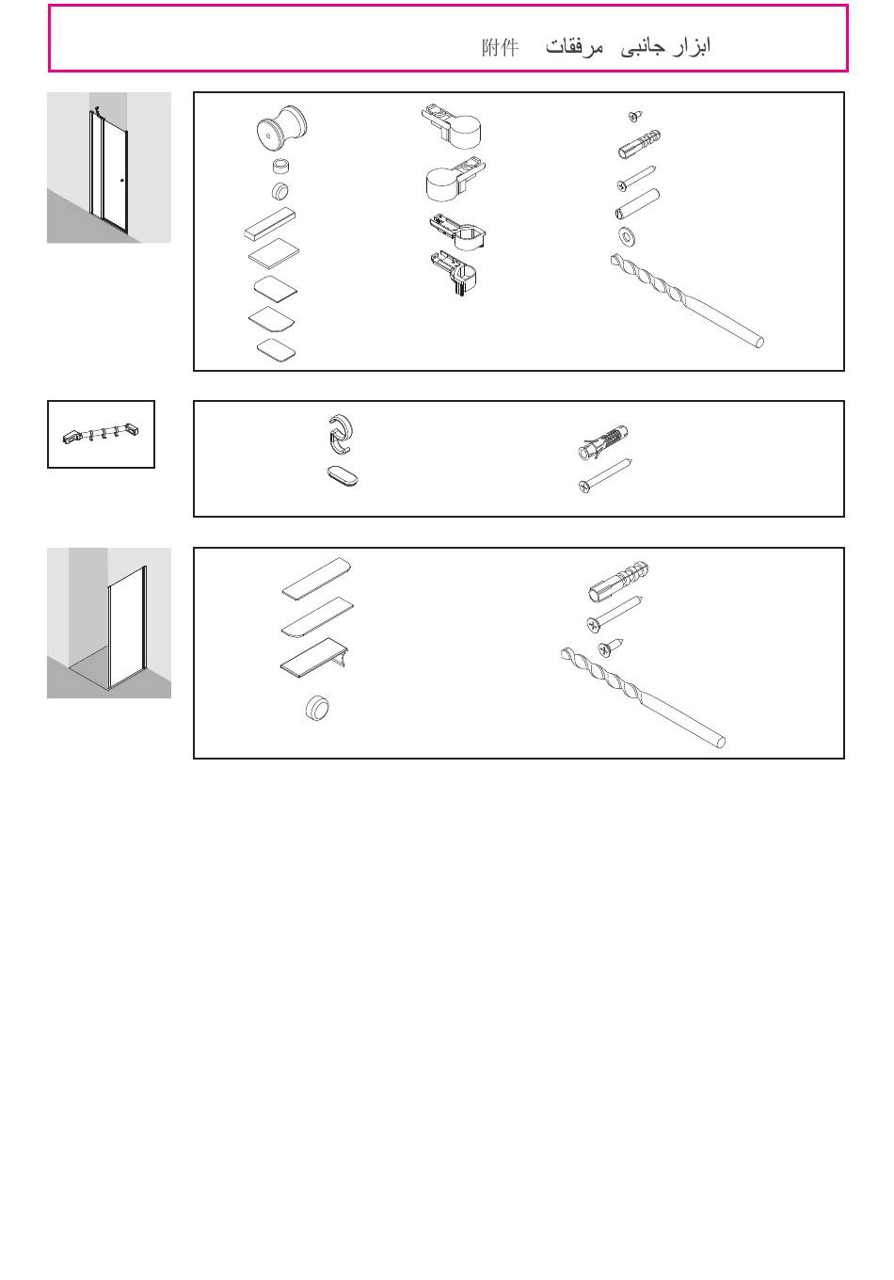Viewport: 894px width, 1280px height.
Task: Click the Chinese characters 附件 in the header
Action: pos(500,47)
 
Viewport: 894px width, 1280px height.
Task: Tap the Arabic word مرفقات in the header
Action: pos(574,47)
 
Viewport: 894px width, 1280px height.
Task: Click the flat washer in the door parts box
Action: pos(627,236)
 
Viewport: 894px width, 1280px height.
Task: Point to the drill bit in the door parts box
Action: pos(687,300)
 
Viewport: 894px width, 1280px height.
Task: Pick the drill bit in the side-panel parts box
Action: pos(644,697)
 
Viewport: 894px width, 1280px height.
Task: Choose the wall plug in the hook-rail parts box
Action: pos(603,442)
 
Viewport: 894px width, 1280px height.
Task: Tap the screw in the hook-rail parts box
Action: pos(605,475)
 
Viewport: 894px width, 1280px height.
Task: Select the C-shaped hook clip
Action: pos(341,434)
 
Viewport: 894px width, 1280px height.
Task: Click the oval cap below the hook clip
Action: pos(343,475)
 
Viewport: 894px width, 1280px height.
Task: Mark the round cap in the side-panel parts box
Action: pos(317,708)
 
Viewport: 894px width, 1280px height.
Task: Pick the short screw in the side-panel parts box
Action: pos(610,648)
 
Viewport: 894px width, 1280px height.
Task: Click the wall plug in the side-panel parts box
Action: pos(618,582)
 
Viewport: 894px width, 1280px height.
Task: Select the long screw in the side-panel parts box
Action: pos(615,614)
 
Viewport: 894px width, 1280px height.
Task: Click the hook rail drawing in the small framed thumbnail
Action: pos(101,434)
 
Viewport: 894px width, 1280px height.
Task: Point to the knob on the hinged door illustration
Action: pos(122,181)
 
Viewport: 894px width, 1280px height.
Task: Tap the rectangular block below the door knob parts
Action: pos(270,223)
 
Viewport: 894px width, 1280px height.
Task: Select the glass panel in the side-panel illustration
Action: pos(128,626)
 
